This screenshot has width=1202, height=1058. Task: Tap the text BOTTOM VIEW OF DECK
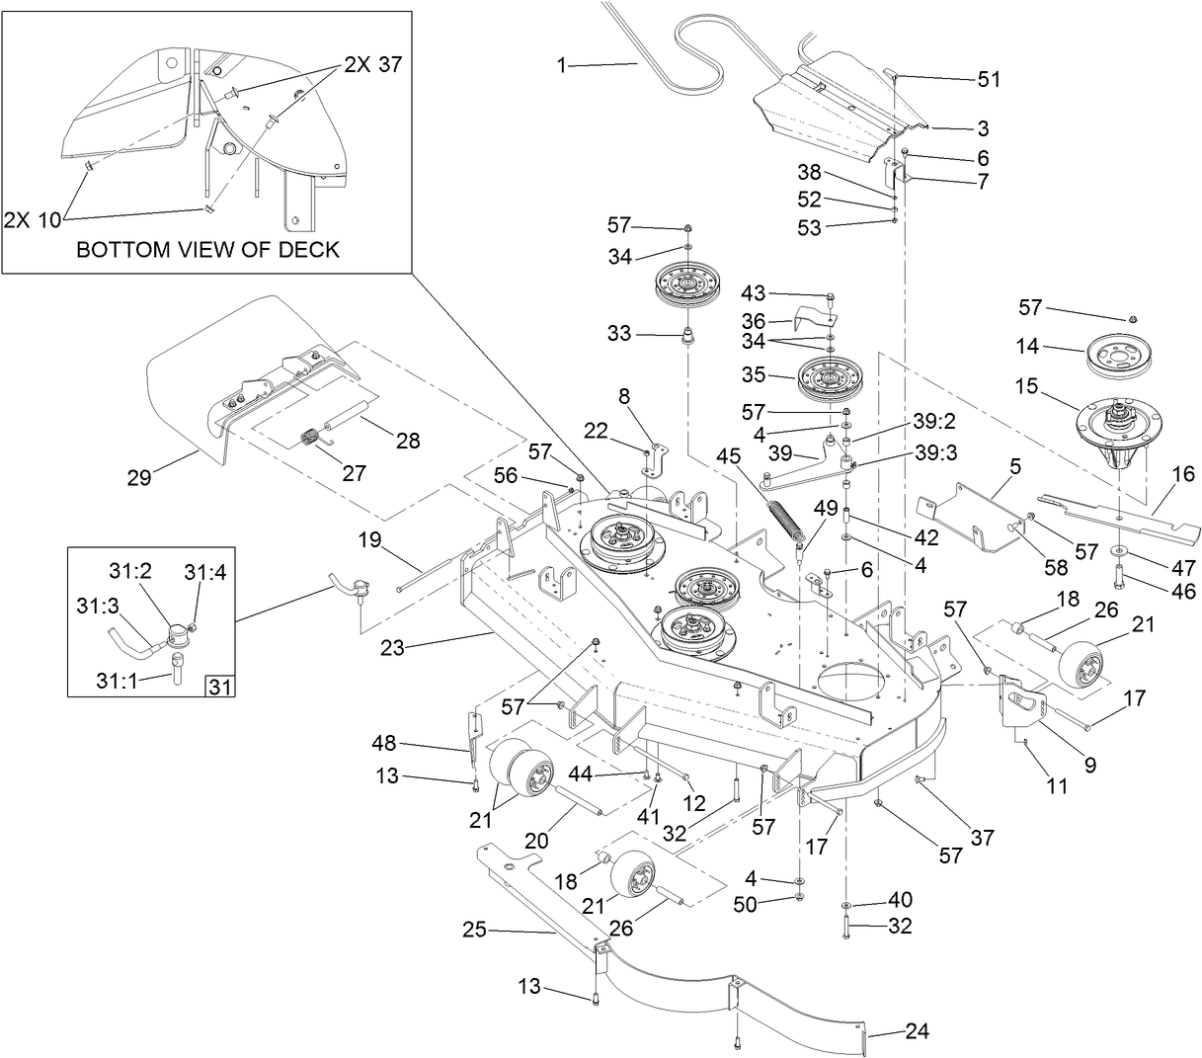coord(207,249)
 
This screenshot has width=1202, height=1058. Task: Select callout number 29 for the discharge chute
coord(139,478)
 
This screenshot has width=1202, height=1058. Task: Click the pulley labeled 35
coord(824,376)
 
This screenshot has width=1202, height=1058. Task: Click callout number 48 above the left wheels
coord(384,742)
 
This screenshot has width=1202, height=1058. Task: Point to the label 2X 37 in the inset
coord(373,65)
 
